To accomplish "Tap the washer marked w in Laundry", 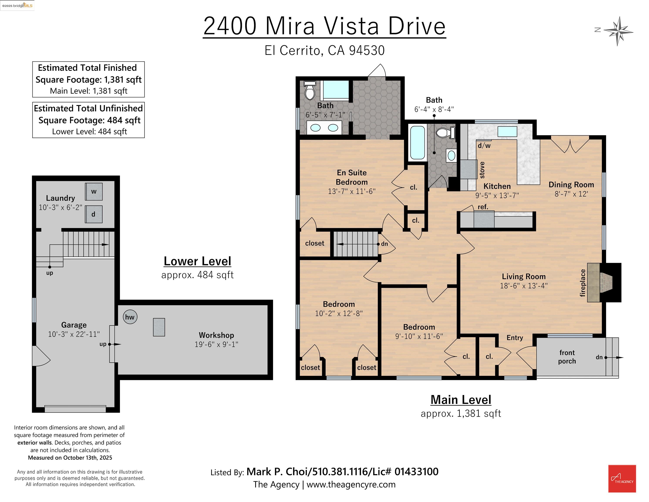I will pyautogui.click(x=94, y=192).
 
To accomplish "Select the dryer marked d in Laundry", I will pyautogui.click(x=94, y=214).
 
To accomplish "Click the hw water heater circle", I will pyautogui.click(x=130, y=317).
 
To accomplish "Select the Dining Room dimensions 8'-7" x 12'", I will pyautogui.click(x=571, y=194).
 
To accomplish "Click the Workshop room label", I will pyautogui.click(x=216, y=335).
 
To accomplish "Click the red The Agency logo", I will pyautogui.click(x=622, y=478).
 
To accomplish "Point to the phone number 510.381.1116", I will pyautogui.click(x=340, y=472).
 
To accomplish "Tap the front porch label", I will pyautogui.click(x=567, y=357).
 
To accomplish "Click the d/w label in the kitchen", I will pyautogui.click(x=484, y=145).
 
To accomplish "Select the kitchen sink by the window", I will pyautogui.click(x=507, y=131).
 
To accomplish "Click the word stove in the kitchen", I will pyautogui.click(x=482, y=170).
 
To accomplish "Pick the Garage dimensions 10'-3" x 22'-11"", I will pyautogui.click(x=74, y=334).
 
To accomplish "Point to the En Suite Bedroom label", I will pyautogui.click(x=352, y=177).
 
